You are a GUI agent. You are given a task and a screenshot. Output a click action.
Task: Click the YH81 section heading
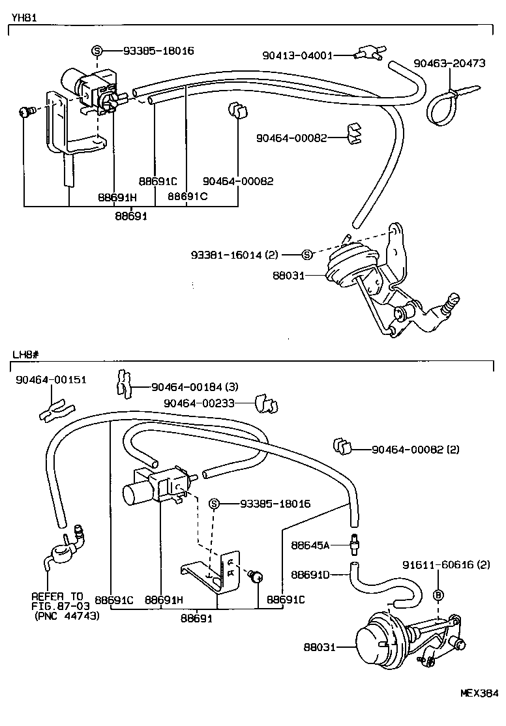(22, 19)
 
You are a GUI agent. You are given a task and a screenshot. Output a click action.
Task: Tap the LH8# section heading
(25, 355)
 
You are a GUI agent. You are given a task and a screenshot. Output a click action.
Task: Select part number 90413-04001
(297, 55)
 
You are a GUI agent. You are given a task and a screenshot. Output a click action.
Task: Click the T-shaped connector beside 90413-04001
(370, 53)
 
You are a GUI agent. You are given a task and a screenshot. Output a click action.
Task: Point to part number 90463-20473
(449, 63)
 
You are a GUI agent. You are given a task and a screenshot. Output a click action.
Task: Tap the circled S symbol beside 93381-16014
(308, 254)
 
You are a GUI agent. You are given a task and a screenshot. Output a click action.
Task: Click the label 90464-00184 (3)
(194, 387)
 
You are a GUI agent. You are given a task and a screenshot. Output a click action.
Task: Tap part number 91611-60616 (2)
(446, 564)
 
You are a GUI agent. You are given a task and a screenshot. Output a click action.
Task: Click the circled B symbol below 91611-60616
(438, 594)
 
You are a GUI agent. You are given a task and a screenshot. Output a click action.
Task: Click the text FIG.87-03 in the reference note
(57, 605)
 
